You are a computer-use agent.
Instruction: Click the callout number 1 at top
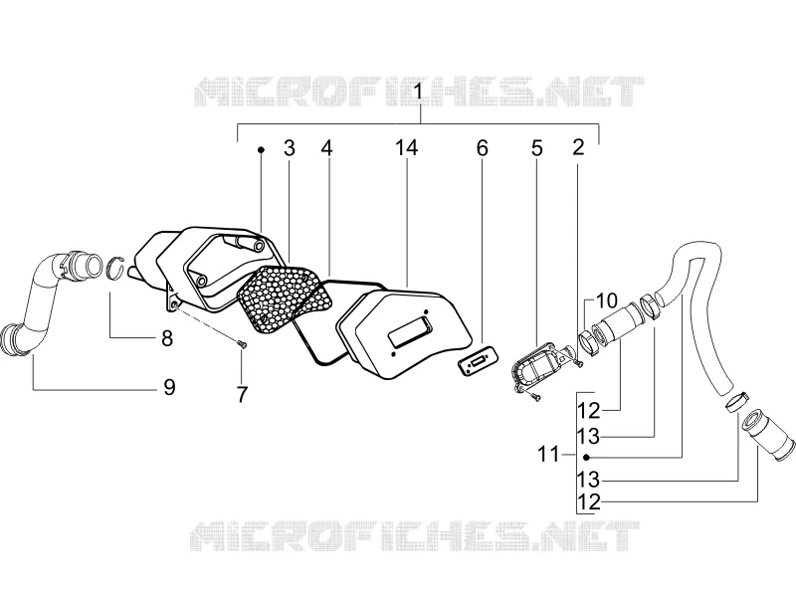point(418,93)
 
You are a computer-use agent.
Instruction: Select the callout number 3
point(289,148)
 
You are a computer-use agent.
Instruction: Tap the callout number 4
point(327,148)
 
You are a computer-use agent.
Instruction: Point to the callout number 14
point(407,147)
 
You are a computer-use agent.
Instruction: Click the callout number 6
point(482,148)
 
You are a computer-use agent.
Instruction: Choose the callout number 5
point(536,148)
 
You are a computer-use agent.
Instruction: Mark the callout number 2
point(578,147)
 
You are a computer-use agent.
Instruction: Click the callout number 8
point(167,338)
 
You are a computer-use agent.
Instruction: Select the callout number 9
point(169,387)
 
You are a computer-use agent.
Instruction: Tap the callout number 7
point(242,394)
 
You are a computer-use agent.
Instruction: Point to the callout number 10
point(606,300)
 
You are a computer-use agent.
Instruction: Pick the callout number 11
point(548,454)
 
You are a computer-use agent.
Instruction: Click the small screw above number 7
point(243,344)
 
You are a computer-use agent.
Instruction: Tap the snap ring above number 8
point(116,268)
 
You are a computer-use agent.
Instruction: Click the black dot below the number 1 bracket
point(261,150)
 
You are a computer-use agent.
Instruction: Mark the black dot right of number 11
point(586,457)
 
